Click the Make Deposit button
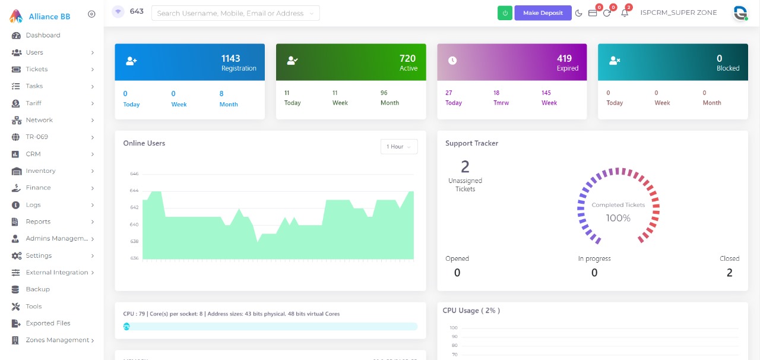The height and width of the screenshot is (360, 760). click(x=543, y=13)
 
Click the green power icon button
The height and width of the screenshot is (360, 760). click(x=505, y=13)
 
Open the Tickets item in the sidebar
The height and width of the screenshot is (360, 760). click(x=37, y=70)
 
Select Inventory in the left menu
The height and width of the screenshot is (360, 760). click(x=40, y=171)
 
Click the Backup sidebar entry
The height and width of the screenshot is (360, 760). click(x=37, y=289)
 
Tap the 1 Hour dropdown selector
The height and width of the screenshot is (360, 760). click(x=398, y=147)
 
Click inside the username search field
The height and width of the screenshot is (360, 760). click(x=232, y=13)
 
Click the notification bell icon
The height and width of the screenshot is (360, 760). click(x=624, y=13)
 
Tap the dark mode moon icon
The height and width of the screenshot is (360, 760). click(x=579, y=13)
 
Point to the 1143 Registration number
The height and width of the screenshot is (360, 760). click(x=230, y=58)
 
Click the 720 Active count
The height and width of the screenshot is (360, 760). click(x=407, y=58)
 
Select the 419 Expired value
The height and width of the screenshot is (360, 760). click(x=564, y=58)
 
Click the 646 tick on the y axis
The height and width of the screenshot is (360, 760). click(x=134, y=174)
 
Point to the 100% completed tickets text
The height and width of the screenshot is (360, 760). click(x=617, y=218)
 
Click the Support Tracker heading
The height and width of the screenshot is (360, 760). click(x=471, y=143)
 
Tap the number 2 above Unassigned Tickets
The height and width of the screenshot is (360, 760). click(x=465, y=166)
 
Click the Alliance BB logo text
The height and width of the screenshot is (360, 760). click(x=49, y=17)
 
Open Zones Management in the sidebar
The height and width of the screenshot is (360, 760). click(x=57, y=340)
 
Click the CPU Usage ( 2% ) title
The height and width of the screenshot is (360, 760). click(x=471, y=311)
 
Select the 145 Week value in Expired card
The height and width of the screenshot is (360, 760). click(x=546, y=93)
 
